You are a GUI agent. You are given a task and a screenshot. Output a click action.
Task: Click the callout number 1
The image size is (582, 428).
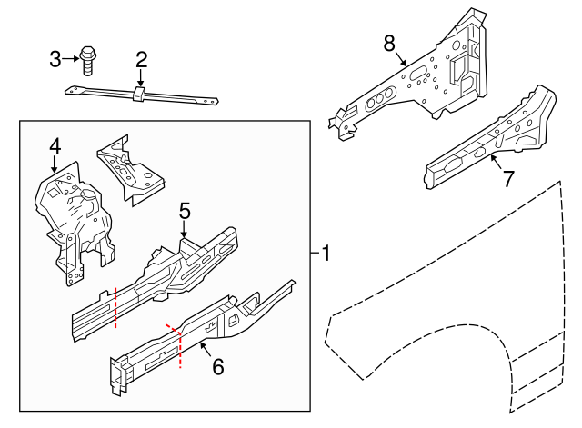coord(326,253)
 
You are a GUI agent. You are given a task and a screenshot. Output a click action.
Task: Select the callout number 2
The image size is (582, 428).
coord(141,60)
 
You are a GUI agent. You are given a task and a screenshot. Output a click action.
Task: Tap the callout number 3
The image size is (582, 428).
coord(55,59)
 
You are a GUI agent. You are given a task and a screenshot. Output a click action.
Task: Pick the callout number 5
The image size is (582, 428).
coord(185,211)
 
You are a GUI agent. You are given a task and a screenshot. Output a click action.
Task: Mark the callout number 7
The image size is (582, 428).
coord(508,179)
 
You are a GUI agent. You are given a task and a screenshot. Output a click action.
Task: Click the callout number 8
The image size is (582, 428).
coord(389,43)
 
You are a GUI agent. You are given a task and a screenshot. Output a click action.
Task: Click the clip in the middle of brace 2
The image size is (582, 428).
coord(139,95)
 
